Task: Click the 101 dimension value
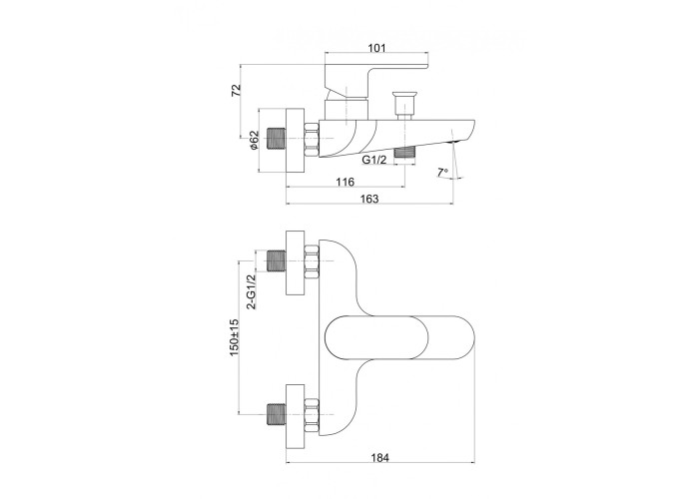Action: click(x=377, y=47)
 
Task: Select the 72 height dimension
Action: click(x=237, y=90)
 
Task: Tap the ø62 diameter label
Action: click(x=254, y=140)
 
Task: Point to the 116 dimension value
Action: click(x=346, y=182)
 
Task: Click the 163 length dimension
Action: click(x=369, y=199)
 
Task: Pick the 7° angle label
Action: click(x=442, y=173)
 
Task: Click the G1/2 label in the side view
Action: click(x=374, y=161)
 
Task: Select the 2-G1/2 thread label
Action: click(x=252, y=291)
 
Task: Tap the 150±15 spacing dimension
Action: click(x=234, y=337)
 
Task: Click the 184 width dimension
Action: click(x=379, y=457)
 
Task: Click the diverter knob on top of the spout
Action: click(x=403, y=106)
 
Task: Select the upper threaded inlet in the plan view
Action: click(x=276, y=260)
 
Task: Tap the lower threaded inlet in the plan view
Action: click(x=276, y=414)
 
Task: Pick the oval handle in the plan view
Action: click(x=398, y=337)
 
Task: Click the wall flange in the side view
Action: click(x=295, y=140)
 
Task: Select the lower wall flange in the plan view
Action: click(x=295, y=415)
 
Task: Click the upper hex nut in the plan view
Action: click(x=312, y=261)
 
